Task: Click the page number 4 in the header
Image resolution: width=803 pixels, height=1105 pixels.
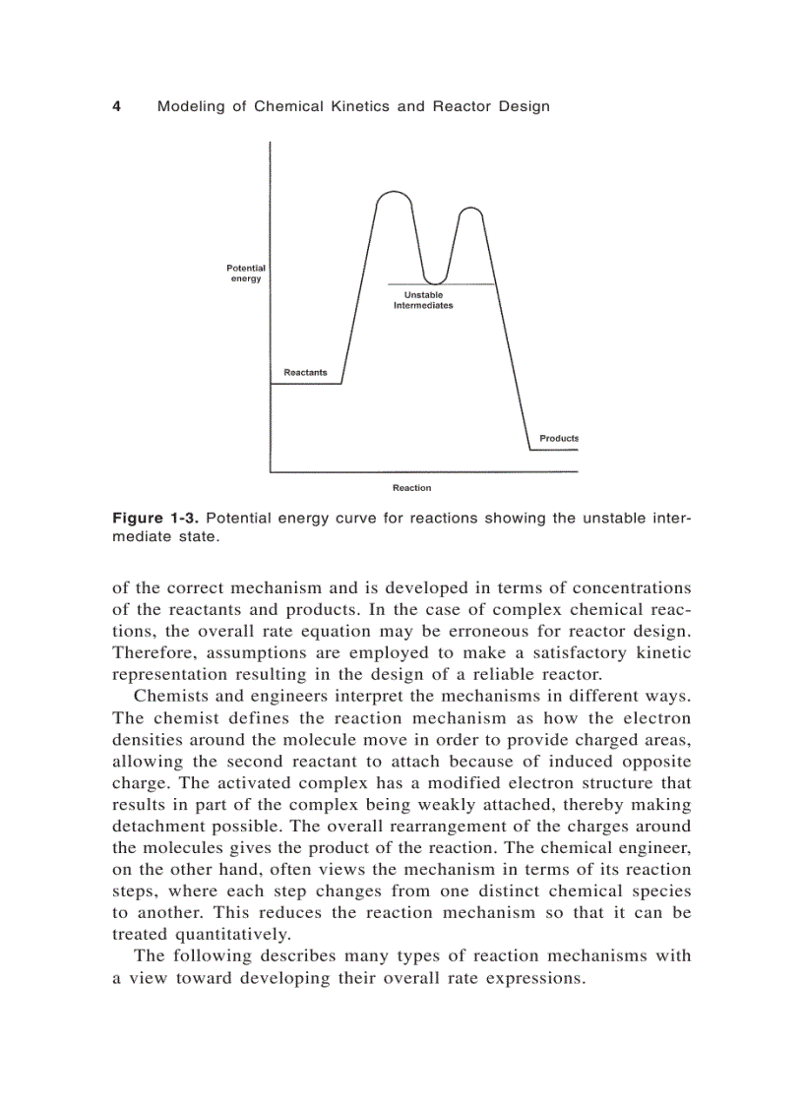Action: [116, 106]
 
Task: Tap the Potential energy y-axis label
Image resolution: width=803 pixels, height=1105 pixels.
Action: [246, 274]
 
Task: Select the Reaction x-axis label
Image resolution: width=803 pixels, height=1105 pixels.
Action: [411, 488]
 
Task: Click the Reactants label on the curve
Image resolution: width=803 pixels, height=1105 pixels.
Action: [305, 373]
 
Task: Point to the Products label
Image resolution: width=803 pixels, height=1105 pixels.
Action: [559, 438]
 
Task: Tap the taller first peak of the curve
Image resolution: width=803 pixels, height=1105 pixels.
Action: [395, 193]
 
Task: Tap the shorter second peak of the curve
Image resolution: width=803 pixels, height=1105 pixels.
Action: [471, 209]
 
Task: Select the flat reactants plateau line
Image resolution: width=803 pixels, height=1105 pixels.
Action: [306, 384]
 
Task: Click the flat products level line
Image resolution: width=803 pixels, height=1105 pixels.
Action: [553, 450]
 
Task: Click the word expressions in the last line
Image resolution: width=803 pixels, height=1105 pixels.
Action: [533, 977]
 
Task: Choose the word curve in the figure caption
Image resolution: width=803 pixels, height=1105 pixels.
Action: [356, 519]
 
